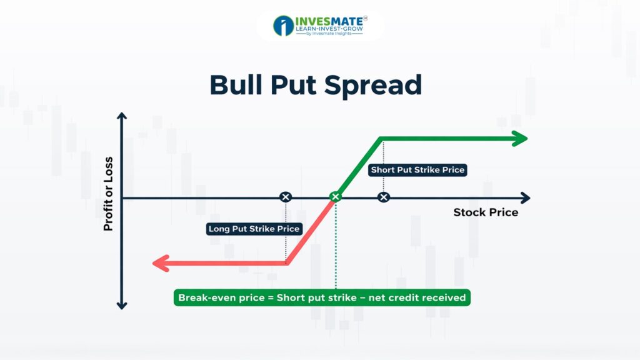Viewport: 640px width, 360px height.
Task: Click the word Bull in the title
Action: [x=236, y=84]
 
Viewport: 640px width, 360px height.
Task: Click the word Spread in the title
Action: [x=373, y=86]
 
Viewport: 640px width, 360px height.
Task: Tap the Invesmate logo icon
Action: [x=283, y=26]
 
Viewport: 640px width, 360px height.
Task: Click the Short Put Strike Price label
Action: [x=417, y=170]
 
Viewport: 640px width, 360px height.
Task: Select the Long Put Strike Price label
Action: [x=254, y=229]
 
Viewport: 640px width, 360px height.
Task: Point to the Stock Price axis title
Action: [x=486, y=212]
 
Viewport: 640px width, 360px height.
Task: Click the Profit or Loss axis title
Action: [x=108, y=194]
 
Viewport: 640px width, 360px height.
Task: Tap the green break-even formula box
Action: [x=322, y=297]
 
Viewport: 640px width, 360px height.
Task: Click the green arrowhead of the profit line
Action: [x=519, y=139]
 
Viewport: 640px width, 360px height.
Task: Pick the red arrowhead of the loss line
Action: [x=161, y=263]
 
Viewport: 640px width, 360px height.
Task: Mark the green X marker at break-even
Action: [x=336, y=197]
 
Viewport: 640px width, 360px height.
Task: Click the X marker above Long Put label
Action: [x=286, y=197]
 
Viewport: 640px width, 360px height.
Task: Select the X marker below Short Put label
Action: [x=383, y=197]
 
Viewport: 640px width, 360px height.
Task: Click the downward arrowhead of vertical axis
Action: [x=122, y=305]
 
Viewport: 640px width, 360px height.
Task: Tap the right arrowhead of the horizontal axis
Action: [x=526, y=198]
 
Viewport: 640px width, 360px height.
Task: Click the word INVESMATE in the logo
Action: [x=329, y=21]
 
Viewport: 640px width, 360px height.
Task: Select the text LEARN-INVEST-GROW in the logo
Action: [x=329, y=29]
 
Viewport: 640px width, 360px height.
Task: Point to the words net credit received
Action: [x=417, y=297]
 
